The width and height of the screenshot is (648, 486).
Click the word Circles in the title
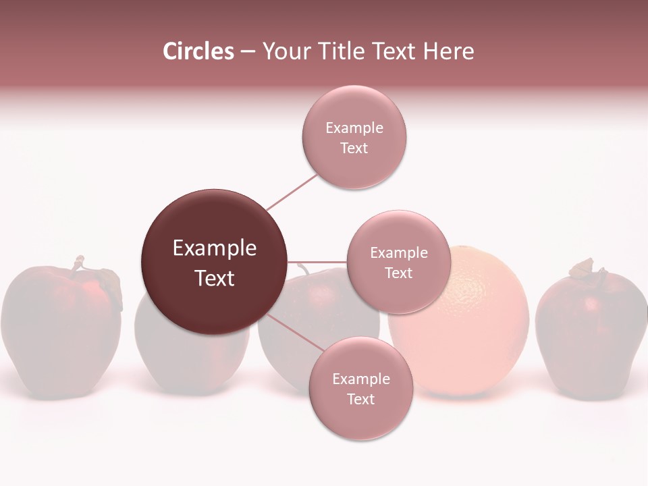[198, 51]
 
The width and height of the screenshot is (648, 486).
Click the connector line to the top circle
[292, 192]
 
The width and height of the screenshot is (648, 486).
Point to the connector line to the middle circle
[317, 262]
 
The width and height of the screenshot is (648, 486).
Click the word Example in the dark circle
[214, 248]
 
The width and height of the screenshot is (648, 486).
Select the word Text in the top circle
[354, 148]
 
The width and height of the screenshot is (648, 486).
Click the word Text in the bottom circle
[360, 400]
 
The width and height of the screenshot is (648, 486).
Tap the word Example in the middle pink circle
[398, 253]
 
